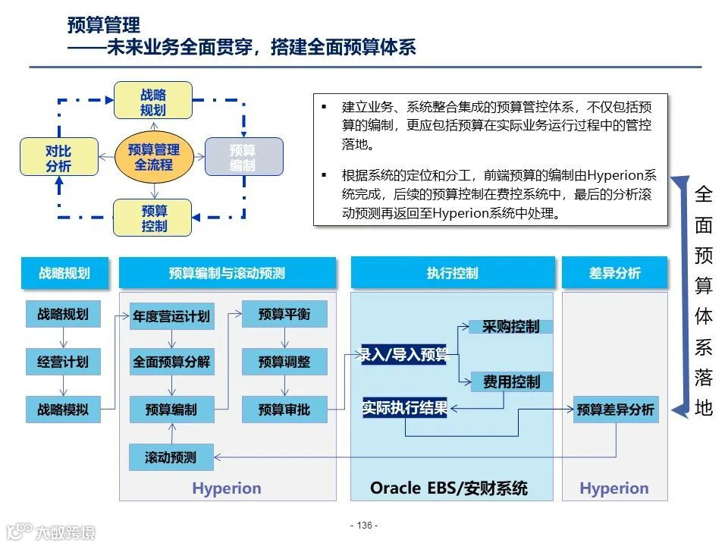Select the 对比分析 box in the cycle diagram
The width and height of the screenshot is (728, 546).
pyautogui.click(x=59, y=158)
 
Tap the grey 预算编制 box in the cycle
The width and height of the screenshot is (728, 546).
pyautogui.click(x=243, y=157)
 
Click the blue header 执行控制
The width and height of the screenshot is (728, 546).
pyautogui.click(x=452, y=273)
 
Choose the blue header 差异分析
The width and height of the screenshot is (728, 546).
pyautogui.click(x=614, y=273)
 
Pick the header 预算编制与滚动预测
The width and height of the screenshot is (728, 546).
pyautogui.click(x=227, y=273)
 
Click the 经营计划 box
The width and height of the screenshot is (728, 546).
pyautogui.click(x=63, y=362)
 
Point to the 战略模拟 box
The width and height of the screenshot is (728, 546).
pyautogui.click(x=63, y=409)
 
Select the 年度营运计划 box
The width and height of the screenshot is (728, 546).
pyautogui.click(x=171, y=315)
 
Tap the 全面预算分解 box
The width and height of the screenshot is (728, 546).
pyautogui.click(x=171, y=362)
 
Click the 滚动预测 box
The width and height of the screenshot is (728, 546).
pyautogui.click(x=171, y=457)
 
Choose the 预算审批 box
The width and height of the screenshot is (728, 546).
pyautogui.click(x=284, y=409)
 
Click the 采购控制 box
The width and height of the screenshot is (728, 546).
pyautogui.click(x=511, y=327)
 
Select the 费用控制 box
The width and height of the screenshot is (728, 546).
pyautogui.click(x=511, y=382)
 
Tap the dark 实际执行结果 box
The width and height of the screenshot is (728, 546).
pyautogui.click(x=405, y=408)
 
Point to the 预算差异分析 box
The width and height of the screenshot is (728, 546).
pyautogui.click(x=615, y=409)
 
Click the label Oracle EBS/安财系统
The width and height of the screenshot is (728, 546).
pyautogui.click(x=449, y=488)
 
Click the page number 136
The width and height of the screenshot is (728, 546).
pyautogui.click(x=364, y=526)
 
